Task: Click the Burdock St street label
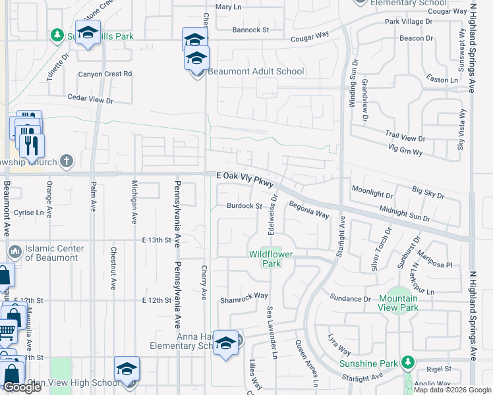[x=245, y=206]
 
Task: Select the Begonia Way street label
[x=308, y=209]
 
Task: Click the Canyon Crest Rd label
[x=105, y=74]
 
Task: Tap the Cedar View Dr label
[x=91, y=99]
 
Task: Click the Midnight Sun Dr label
[x=405, y=213]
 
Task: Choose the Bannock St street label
[x=251, y=30]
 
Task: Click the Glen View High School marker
[x=127, y=370]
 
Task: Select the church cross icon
[x=66, y=161]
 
